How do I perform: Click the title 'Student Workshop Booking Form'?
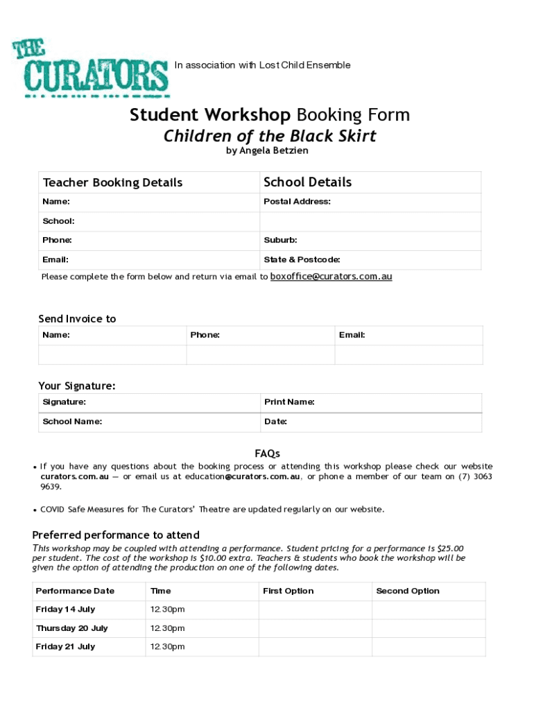pyautogui.click(x=270, y=114)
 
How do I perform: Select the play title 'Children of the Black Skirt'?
pyautogui.click(x=270, y=136)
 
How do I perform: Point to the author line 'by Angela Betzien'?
pyautogui.click(x=267, y=150)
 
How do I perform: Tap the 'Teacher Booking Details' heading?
pyautogui.click(x=113, y=182)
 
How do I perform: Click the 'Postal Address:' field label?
pyautogui.click(x=297, y=202)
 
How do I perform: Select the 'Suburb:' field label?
pyautogui.click(x=280, y=241)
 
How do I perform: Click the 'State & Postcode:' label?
pyautogui.click(x=302, y=260)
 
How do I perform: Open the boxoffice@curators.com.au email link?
pyautogui.click(x=331, y=276)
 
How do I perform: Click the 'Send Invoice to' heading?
pyautogui.click(x=77, y=319)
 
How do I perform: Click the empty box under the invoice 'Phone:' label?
pyautogui.click(x=260, y=354)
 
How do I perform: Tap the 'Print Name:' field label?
pyautogui.click(x=289, y=402)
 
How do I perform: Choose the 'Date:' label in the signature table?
pyautogui.click(x=275, y=422)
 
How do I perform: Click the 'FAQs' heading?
pyautogui.click(x=267, y=453)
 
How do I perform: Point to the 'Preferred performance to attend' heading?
pyautogui.click(x=116, y=535)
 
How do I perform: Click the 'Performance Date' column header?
pyautogui.click(x=75, y=591)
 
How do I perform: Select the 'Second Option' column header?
pyautogui.click(x=408, y=591)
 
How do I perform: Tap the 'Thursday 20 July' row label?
pyautogui.click(x=72, y=628)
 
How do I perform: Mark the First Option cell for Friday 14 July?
pyautogui.click(x=316, y=609)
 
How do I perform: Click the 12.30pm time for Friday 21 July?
pyautogui.click(x=168, y=647)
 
